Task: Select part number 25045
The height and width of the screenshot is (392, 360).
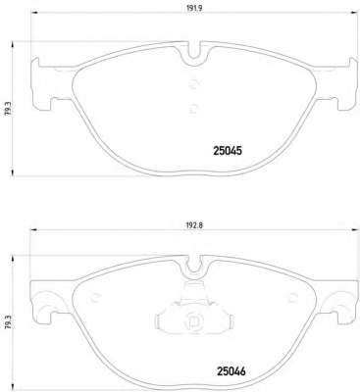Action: click(x=228, y=151)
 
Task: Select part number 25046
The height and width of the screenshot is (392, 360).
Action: click(x=231, y=371)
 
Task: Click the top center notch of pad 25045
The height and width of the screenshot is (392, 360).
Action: click(x=194, y=50)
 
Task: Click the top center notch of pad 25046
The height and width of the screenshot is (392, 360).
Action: click(x=195, y=264)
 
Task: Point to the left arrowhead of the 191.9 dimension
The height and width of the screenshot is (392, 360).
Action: click(x=34, y=13)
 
